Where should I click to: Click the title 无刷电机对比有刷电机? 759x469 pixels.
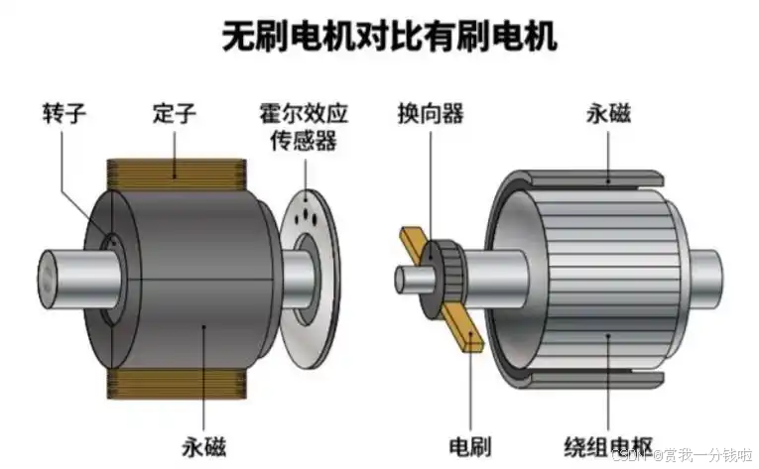coord(387,37)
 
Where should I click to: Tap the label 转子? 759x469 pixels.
coord(64,112)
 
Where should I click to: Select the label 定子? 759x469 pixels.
coord(176,112)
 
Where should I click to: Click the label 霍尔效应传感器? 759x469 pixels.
coord(302,126)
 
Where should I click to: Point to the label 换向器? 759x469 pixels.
coord(430,112)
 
